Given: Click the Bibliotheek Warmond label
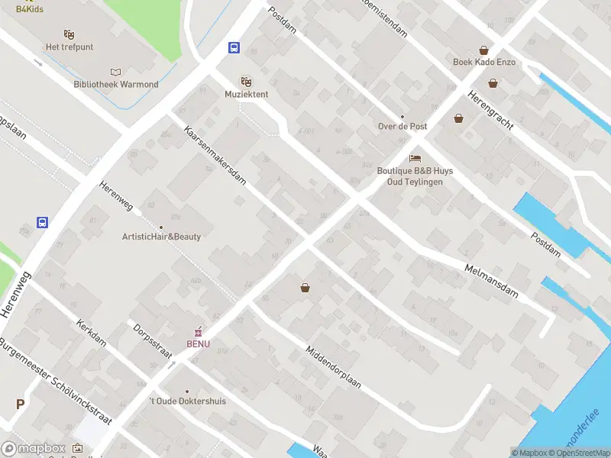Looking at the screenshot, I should point(116,84).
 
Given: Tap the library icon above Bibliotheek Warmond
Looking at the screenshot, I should point(116,71).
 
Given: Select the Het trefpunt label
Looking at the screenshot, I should point(70,47).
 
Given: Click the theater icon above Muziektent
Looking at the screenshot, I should point(246,81).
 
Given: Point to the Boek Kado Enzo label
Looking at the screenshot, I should point(484,62).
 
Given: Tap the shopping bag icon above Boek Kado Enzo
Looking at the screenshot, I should point(484,50).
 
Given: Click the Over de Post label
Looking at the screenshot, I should point(402,126).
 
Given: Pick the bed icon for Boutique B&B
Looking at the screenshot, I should point(415,158).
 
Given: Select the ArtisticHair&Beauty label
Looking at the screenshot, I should point(161,237).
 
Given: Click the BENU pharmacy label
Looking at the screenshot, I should point(198,343).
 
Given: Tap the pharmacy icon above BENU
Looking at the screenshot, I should point(199,331).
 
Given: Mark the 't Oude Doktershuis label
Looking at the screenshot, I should point(187,401).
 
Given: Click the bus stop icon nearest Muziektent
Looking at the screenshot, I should point(234,47).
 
